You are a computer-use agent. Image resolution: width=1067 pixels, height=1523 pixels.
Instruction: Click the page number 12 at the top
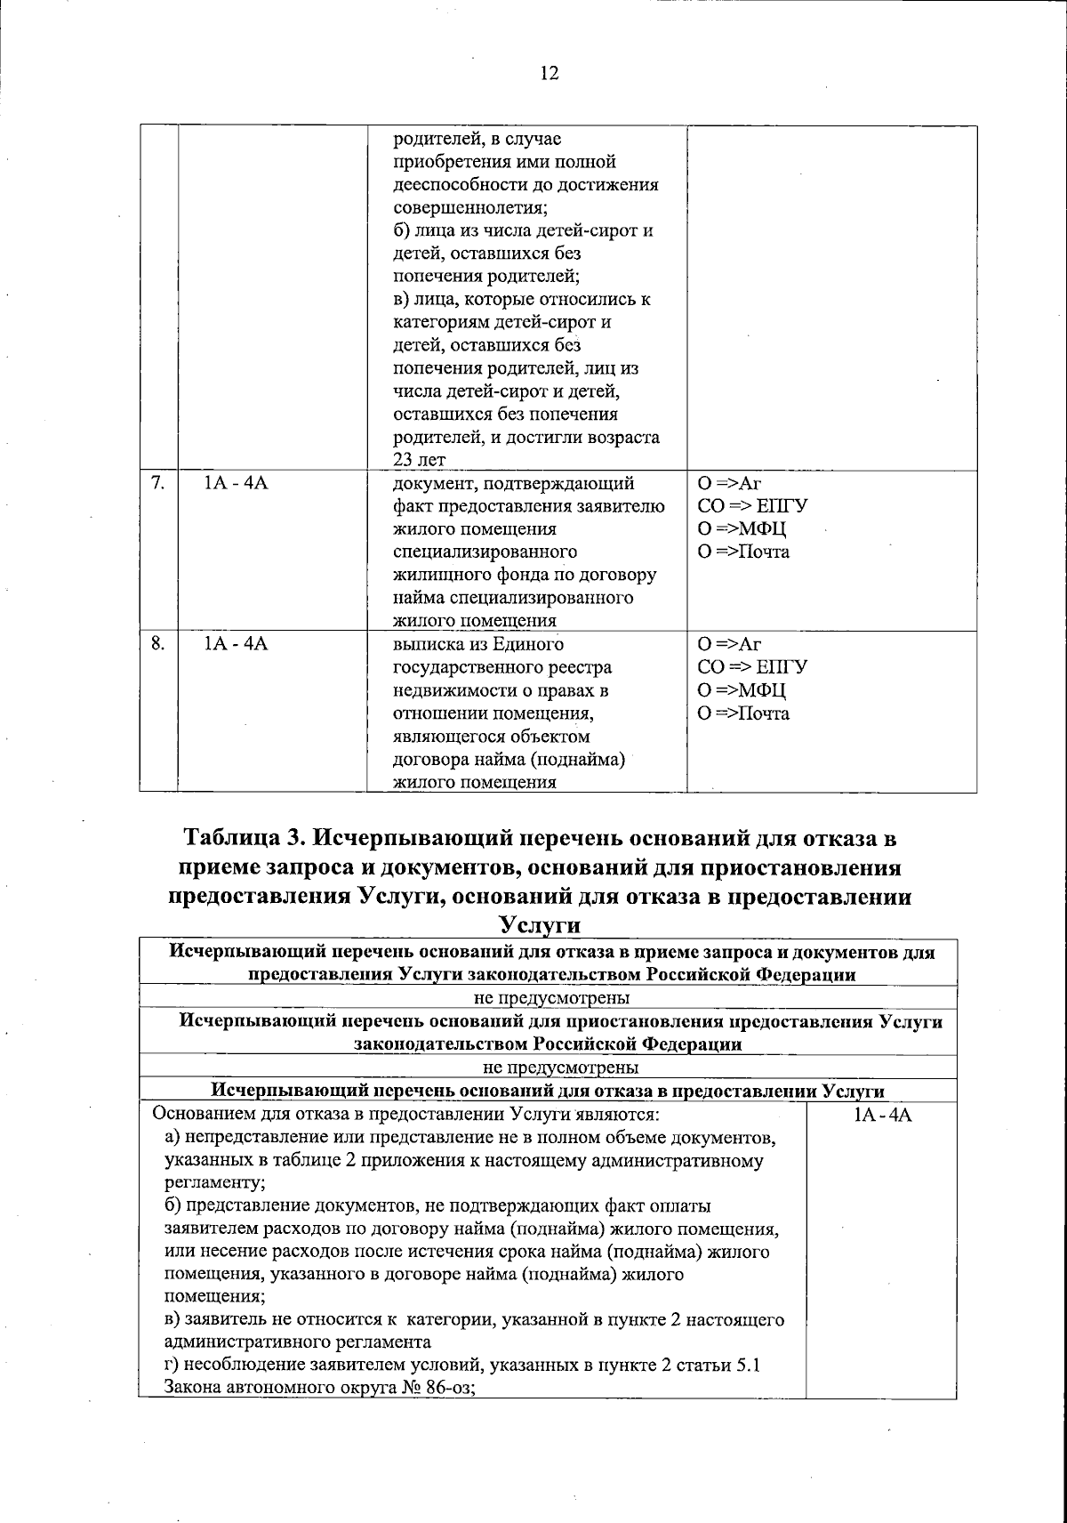[550, 74]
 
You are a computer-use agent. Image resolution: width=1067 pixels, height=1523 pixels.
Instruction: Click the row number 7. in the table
[156, 484]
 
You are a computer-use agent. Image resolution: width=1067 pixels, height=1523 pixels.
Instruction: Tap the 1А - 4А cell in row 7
[237, 484]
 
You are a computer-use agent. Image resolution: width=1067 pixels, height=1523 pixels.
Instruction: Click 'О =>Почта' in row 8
[744, 713]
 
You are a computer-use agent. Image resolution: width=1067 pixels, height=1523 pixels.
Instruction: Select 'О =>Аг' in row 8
[731, 644]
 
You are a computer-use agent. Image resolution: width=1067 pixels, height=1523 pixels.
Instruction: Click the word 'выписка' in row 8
[423, 644]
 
